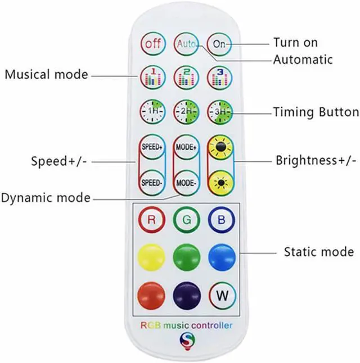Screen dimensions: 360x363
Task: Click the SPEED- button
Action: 151,182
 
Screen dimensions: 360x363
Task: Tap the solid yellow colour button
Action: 151,257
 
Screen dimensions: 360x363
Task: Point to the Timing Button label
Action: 316,112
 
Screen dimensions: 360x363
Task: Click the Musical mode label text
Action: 47,75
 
